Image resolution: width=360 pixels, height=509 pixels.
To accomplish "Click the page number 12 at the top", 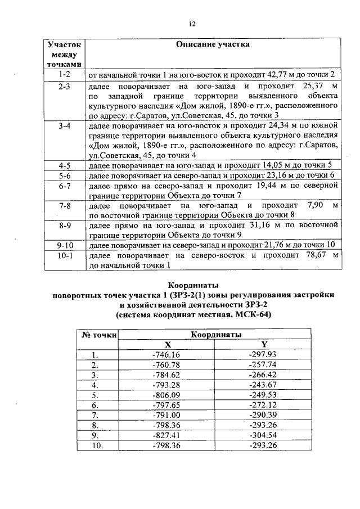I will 191,24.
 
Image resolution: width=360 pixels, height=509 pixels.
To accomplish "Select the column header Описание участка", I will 213,44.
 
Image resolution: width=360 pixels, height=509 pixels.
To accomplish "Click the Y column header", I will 264,344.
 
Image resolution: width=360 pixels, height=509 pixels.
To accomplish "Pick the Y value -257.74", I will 263,364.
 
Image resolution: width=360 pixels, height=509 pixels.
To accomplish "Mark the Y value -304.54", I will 263,435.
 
